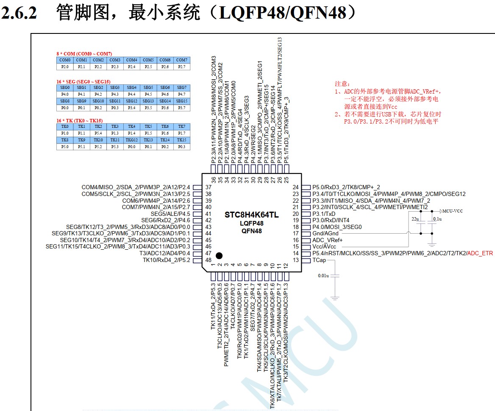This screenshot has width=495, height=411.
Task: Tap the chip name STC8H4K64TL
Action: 251,215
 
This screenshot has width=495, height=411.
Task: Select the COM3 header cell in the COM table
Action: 115,60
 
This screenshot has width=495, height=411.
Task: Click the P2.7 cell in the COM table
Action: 181,67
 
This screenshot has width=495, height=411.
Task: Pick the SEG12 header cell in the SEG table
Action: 131,101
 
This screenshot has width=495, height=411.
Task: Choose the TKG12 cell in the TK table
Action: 131,140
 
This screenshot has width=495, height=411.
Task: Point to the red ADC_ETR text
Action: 480,253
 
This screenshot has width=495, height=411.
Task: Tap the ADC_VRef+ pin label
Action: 327,240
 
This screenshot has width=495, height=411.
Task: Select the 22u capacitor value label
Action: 415,219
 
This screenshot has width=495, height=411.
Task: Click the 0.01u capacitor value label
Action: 323,276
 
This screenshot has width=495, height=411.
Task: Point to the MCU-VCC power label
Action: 454,211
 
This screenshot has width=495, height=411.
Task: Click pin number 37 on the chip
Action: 208,188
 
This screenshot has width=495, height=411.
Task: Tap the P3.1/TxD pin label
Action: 324,214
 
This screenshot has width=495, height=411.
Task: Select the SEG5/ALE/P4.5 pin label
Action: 168,214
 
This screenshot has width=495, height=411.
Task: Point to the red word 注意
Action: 342,84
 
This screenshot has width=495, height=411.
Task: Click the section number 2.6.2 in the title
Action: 19,14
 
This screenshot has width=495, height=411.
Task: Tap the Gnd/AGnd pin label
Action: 325,234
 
